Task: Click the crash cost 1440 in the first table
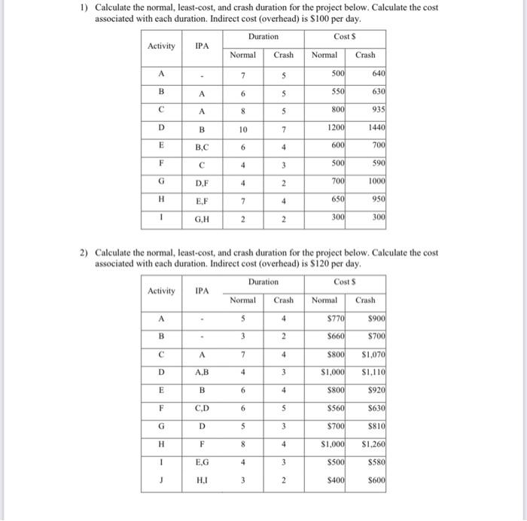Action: (x=375, y=129)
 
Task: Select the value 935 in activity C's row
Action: (x=377, y=108)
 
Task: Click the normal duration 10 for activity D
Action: (x=242, y=129)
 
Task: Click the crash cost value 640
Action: (x=377, y=74)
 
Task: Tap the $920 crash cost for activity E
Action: (x=375, y=388)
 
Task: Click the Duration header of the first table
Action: (x=263, y=36)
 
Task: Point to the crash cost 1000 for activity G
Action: (x=375, y=182)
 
